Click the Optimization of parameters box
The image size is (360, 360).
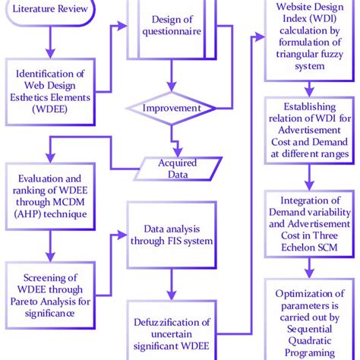308,319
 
